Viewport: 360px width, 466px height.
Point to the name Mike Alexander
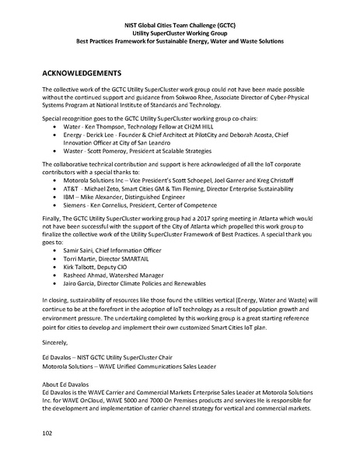113,198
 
